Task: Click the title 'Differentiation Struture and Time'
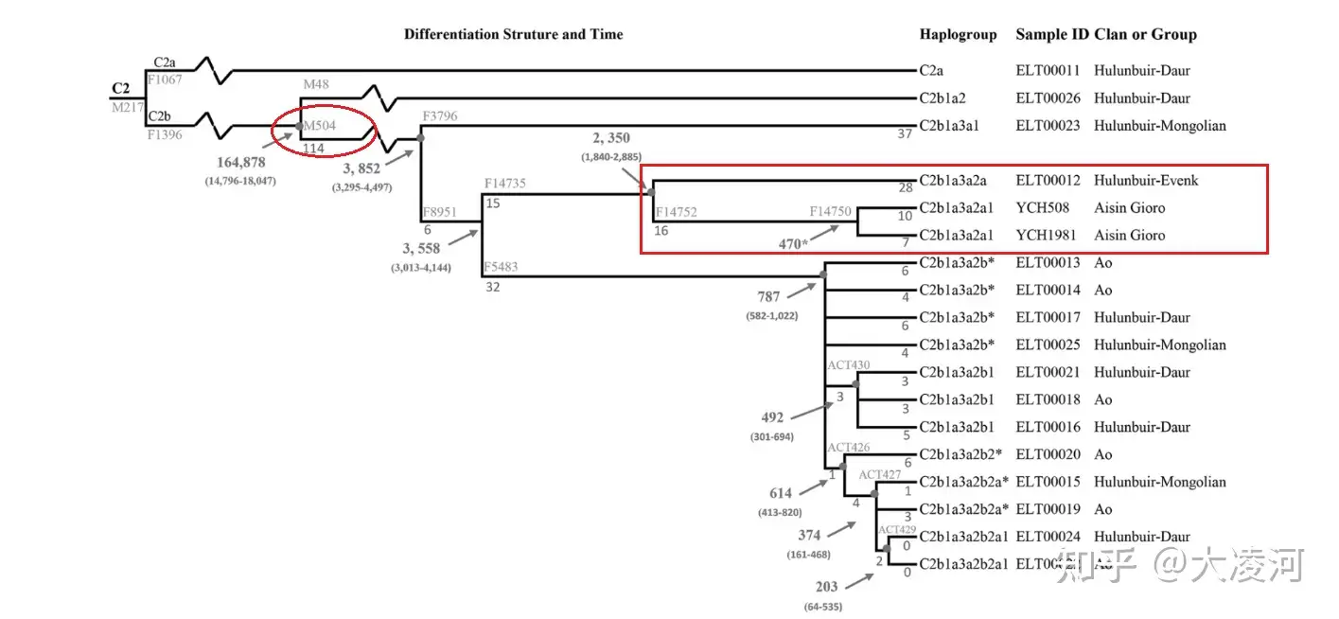[513, 34]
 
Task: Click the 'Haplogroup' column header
[958, 34]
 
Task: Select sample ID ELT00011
[1048, 70]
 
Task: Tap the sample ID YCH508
[1040, 207]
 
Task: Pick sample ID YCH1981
[1044, 235]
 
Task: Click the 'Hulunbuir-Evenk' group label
[1146, 180]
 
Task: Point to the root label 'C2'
[121, 89]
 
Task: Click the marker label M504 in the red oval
[320, 125]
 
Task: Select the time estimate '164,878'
[240, 163]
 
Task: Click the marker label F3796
[440, 116]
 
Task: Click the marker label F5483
[501, 267]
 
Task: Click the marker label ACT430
[849, 365]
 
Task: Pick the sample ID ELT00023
[1048, 125]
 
